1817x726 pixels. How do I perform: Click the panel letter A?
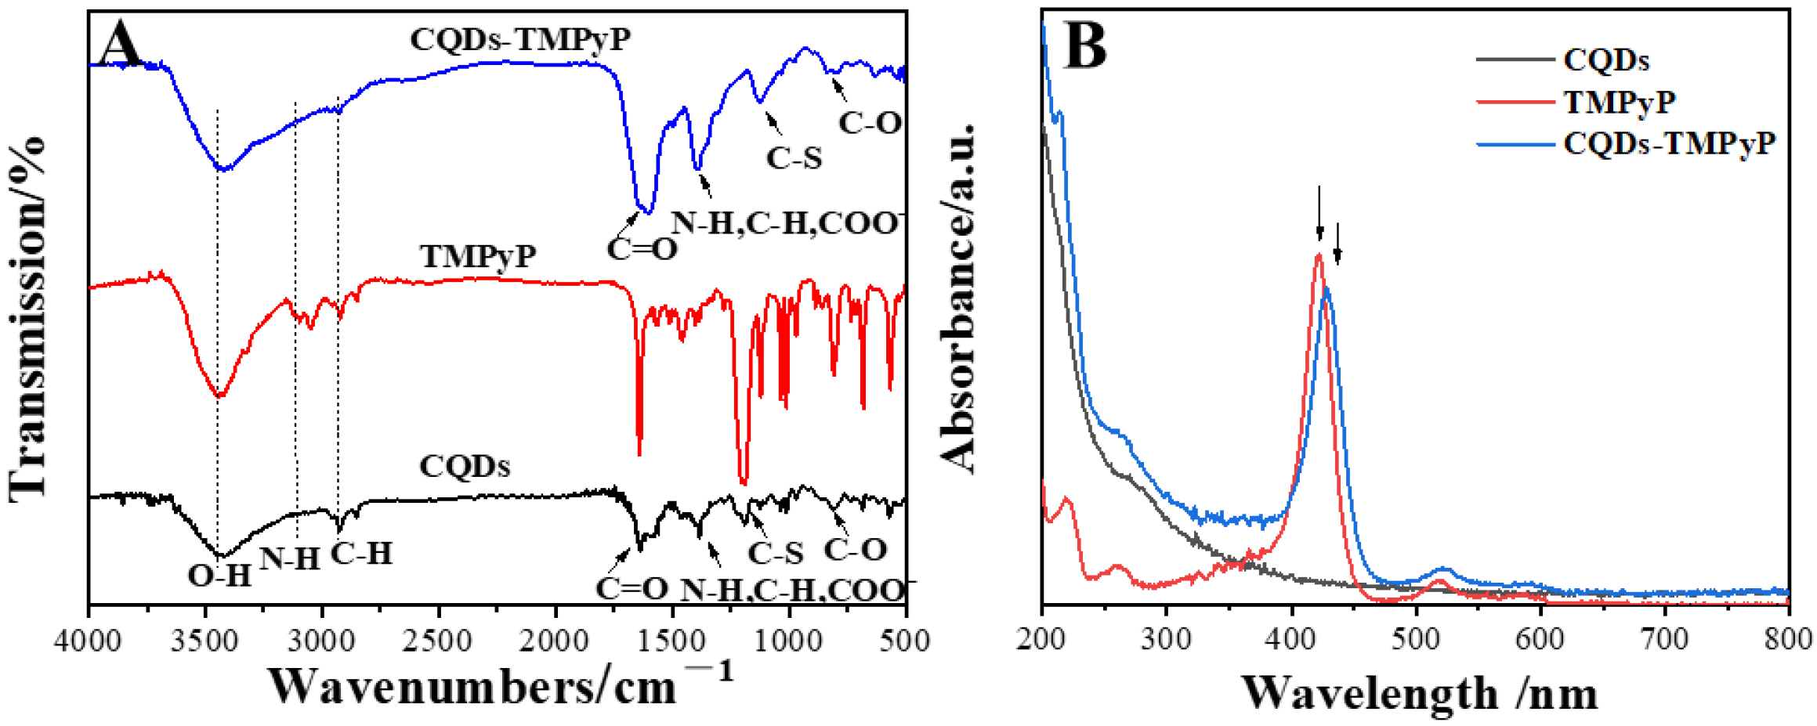[121, 43]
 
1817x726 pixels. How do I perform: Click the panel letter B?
[1085, 45]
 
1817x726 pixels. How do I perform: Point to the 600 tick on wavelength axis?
[1540, 639]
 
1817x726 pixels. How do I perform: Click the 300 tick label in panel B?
[1166, 639]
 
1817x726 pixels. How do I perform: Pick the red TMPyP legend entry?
[1619, 102]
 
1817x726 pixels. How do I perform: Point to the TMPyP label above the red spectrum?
[478, 256]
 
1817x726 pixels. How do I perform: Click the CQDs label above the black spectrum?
[465, 466]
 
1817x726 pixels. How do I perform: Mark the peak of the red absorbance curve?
[1319, 255]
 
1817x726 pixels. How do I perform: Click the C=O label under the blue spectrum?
[642, 249]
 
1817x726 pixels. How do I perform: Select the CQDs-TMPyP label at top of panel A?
[519, 39]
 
